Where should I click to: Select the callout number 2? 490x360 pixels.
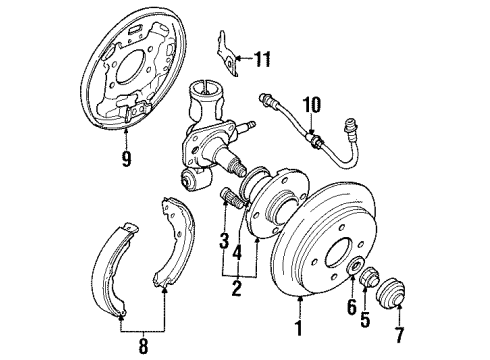[236, 291]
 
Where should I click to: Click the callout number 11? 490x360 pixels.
[262, 61]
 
